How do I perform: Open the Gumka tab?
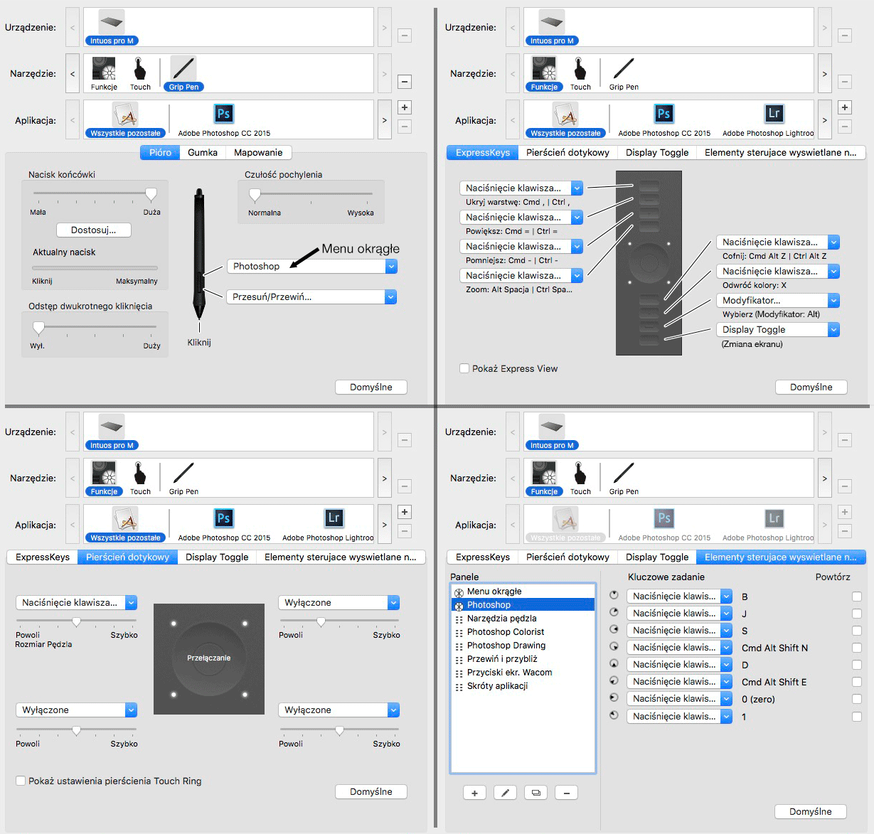tap(202, 152)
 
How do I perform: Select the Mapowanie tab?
tap(258, 152)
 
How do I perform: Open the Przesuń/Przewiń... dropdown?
tap(311, 296)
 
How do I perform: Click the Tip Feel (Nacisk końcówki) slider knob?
tap(151, 194)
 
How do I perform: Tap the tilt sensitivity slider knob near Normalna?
tap(255, 194)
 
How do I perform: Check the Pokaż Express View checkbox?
tap(464, 368)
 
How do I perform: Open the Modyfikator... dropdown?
tap(777, 300)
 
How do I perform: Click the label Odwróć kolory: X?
tap(754, 285)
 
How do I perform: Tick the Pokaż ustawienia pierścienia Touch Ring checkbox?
tap(21, 781)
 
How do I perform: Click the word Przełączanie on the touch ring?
tap(208, 658)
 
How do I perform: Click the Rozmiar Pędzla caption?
tap(43, 644)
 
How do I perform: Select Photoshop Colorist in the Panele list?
tap(506, 631)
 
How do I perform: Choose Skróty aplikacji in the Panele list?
tap(497, 685)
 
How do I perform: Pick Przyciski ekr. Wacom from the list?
tap(509, 672)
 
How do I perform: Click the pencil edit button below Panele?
tap(505, 792)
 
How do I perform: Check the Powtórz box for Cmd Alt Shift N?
tap(857, 648)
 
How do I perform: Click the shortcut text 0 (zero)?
tap(758, 699)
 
